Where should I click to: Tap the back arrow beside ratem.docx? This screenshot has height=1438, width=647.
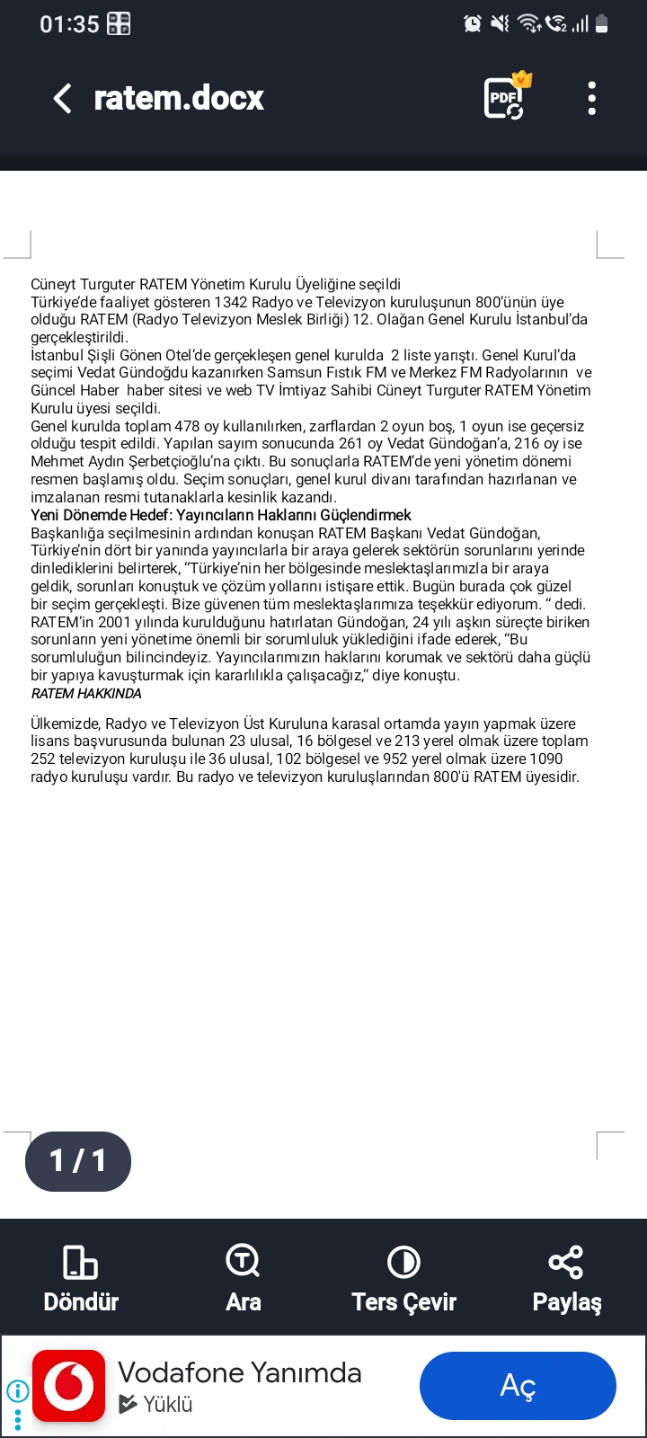tap(62, 98)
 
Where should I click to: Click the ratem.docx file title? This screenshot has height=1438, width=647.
tap(179, 98)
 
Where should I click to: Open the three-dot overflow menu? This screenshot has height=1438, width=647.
tap(591, 98)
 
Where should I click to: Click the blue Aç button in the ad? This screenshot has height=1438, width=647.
tap(518, 1386)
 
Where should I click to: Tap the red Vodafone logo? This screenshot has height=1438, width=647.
tap(69, 1386)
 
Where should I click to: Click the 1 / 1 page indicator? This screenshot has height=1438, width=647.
tap(78, 1161)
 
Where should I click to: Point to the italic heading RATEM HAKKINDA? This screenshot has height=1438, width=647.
tap(86, 694)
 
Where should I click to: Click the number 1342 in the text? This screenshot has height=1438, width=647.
tap(231, 302)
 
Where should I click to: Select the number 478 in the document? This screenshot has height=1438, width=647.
tap(187, 426)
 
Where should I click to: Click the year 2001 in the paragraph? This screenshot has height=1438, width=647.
tap(114, 622)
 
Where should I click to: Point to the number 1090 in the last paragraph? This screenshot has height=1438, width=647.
tap(546, 759)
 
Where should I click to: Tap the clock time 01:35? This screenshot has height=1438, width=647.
tap(69, 24)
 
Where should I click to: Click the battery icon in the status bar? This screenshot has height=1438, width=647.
tap(602, 24)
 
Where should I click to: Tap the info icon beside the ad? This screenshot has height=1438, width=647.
tap(17, 1391)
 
